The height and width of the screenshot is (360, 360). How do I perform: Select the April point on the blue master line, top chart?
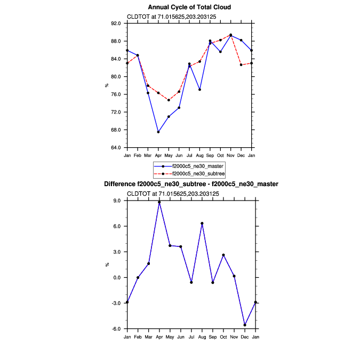click(x=158, y=132)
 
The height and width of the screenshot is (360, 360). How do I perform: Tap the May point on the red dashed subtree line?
click(x=169, y=100)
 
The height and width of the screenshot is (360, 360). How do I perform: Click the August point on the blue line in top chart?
click(x=200, y=90)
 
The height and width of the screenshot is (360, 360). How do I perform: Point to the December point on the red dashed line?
click(x=241, y=65)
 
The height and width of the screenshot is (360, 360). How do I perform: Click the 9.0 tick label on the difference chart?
click(x=119, y=201)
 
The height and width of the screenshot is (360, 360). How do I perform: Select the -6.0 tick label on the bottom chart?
click(x=118, y=329)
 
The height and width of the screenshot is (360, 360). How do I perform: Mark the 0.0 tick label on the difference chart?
click(x=119, y=278)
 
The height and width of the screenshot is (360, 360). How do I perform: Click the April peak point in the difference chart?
click(x=159, y=202)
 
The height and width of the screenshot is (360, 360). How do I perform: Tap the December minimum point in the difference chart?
click(x=245, y=325)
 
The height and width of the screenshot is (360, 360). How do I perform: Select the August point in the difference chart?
click(x=202, y=223)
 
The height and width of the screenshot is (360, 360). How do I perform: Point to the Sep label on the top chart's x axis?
click(x=210, y=155)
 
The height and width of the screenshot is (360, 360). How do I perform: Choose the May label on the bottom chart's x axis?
click(x=170, y=337)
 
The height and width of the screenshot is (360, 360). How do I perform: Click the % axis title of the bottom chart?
click(x=107, y=265)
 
